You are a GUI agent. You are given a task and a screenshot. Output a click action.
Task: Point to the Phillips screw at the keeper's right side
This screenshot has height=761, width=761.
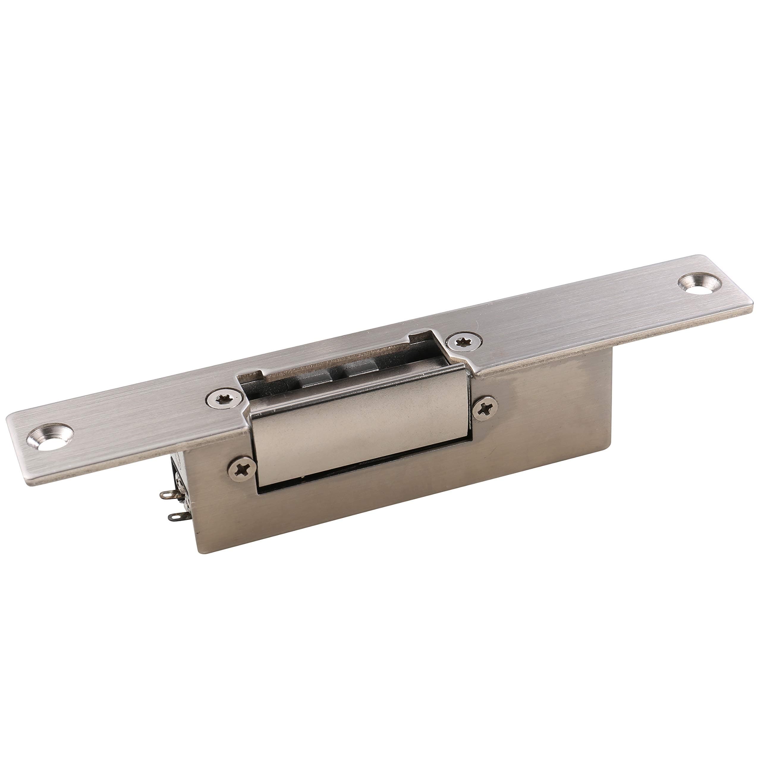pos(485,410)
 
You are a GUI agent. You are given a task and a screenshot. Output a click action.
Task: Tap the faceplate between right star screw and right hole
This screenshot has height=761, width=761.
pos(571,315)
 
